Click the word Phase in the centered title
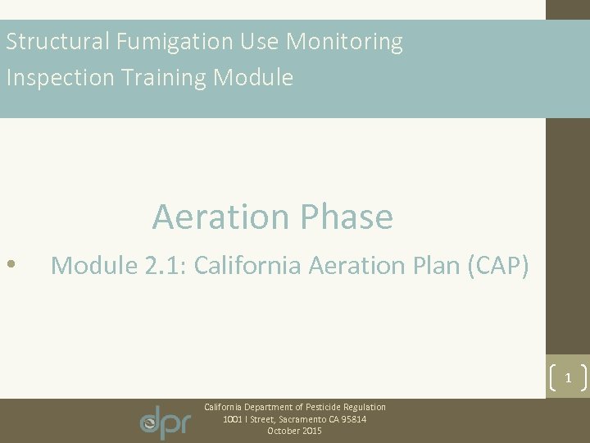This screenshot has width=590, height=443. click(x=347, y=217)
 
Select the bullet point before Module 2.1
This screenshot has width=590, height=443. click(x=10, y=265)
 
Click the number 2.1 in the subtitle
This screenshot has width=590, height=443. click(x=162, y=265)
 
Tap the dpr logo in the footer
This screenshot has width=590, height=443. click(x=166, y=421)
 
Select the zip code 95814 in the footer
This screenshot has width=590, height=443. click(x=354, y=419)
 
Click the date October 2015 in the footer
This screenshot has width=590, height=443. click(x=294, y=431)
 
